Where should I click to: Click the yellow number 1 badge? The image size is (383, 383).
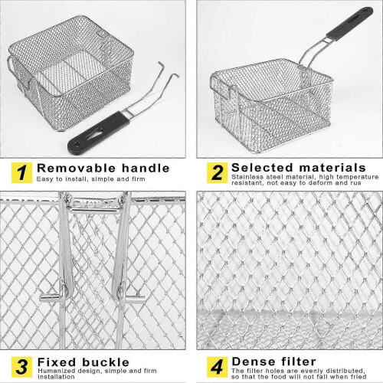pos(21,172)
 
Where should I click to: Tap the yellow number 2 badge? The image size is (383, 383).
pos(217,172)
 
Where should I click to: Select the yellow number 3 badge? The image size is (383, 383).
pos(21,367)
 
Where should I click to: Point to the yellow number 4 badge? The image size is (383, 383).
pos(217,367)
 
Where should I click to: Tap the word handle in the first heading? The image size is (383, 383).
pos(146,169)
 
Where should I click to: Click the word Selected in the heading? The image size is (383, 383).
pos(262,168)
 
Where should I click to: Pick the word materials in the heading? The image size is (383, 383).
pos(332,168)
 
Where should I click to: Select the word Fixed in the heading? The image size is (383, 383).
pos(57,362)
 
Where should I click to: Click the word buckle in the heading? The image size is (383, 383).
pos(106,362)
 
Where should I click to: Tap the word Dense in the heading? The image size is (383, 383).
pos(254,362)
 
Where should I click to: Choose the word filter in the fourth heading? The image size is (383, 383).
pos(299,362)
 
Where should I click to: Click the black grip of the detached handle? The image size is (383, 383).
pos(98,133)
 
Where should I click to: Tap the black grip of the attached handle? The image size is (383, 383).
pos(350,24)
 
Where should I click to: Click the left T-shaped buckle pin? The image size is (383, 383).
pos(54,296)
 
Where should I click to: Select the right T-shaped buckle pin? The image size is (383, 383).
pos(131,298)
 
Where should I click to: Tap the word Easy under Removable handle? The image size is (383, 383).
pos(45,179)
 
